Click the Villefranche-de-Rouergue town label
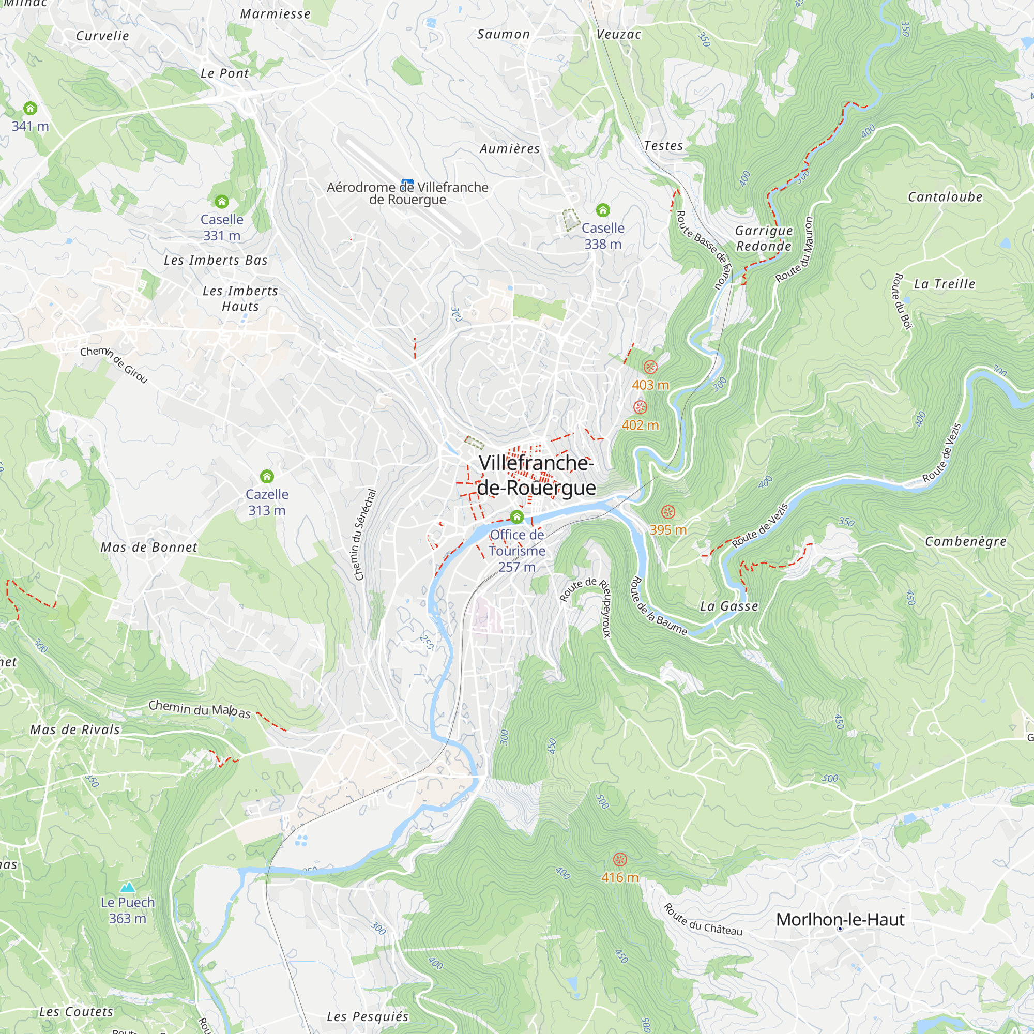pos(536,475)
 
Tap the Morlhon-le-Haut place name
pos(840,919)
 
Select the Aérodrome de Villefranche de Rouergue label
pos(407,193)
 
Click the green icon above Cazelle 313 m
pos(267,476)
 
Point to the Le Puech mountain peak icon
pos(127,887)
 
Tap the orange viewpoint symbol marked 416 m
pos(620,860)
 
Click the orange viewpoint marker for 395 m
pos(668,512)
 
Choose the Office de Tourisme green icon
pos(516,516)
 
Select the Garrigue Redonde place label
pos(764,238)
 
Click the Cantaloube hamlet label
pos(945,197)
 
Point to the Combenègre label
pos(965,541)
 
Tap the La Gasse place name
pos(729,606)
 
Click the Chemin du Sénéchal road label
pos(366,535)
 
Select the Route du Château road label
pos(703,919)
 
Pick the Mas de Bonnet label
pos(149,547)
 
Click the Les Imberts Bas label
pos(216,260)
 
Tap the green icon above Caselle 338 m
pos(603,210)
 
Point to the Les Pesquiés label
pos(368,1016)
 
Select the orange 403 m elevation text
pos(650,385)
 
